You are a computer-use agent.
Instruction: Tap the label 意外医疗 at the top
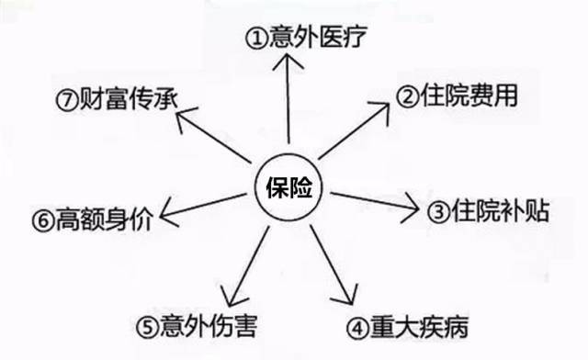(315, 39)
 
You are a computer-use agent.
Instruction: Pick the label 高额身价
(93, 219)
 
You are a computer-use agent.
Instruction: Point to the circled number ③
(439, 212)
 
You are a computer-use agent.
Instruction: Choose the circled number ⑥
(38, 220)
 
